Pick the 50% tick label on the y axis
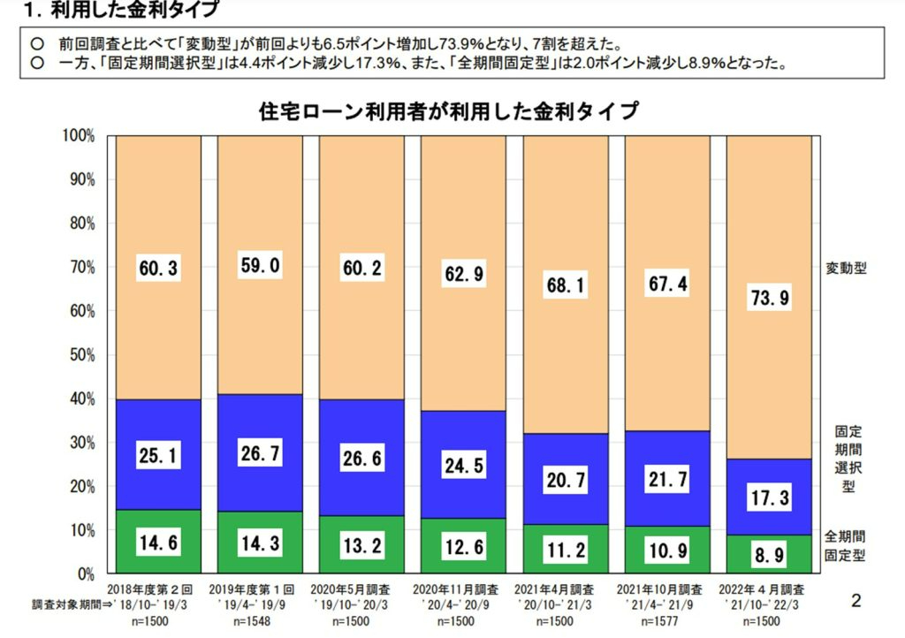80,355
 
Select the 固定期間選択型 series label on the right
850,459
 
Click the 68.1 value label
565,285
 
